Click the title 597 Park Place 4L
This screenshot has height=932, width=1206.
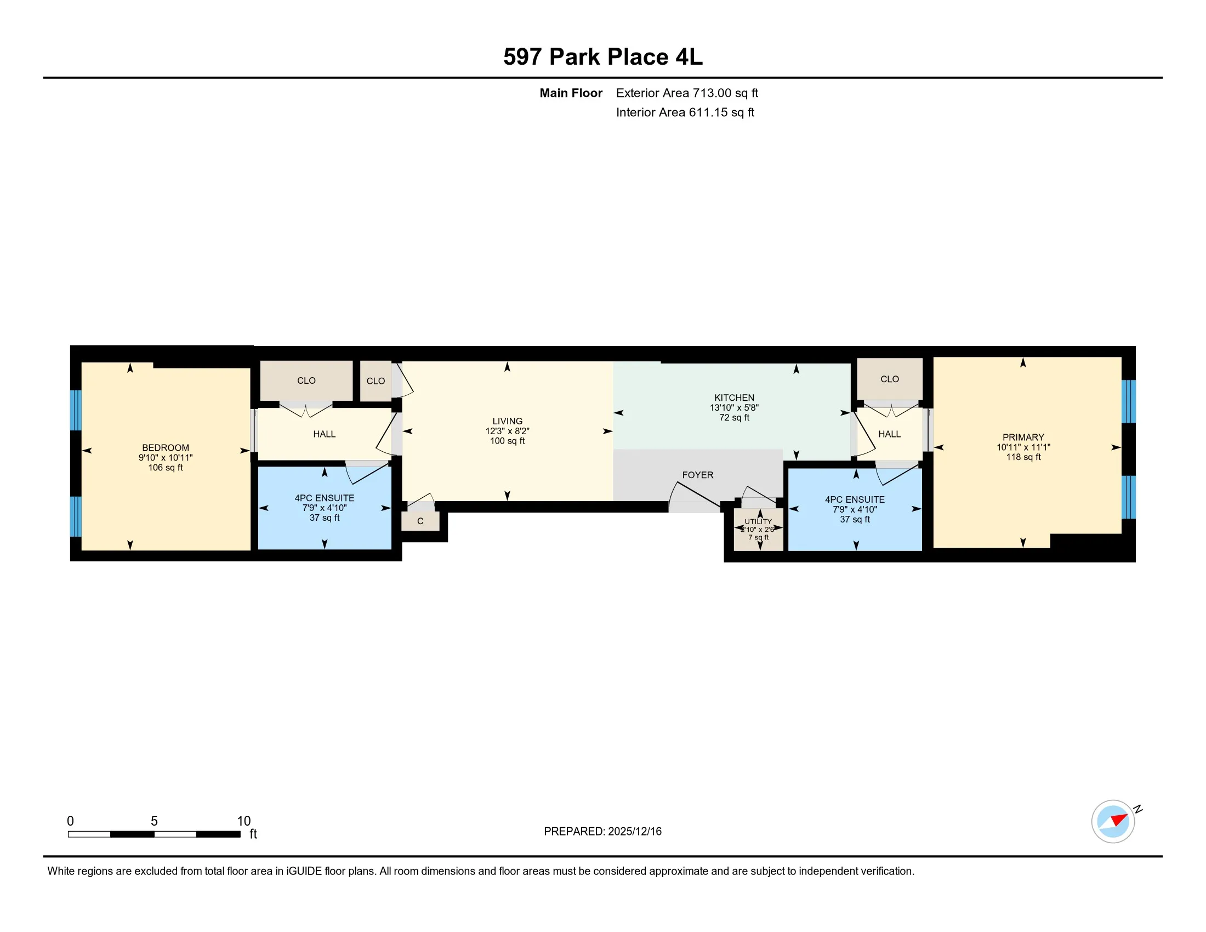click(602, 57)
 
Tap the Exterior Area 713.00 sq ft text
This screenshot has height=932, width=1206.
click(686, 93)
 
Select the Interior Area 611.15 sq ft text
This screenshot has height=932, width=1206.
click(685, 112)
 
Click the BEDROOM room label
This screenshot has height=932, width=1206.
click(165, 448)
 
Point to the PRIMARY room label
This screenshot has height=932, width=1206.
click(1023, 437)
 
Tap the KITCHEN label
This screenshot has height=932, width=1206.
click(734, 397)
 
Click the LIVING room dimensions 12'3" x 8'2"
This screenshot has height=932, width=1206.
click(507, 431)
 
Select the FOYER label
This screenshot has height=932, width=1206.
click(697, 475)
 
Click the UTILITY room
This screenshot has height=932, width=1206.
click(758, 529)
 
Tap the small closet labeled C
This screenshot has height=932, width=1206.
click(420, 521)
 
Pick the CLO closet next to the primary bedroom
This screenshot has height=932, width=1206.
click(889, 379)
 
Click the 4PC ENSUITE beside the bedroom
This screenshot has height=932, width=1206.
click(324, 508)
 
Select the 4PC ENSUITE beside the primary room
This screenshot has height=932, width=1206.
click(854, 509)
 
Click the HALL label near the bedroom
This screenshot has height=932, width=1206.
click(324, 435)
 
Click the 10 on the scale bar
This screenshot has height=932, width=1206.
click(243, 821)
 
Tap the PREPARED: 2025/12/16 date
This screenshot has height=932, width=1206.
click(602, 832)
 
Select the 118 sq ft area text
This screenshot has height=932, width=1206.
click(1023, 457)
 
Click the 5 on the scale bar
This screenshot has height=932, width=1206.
click(154, 821)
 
